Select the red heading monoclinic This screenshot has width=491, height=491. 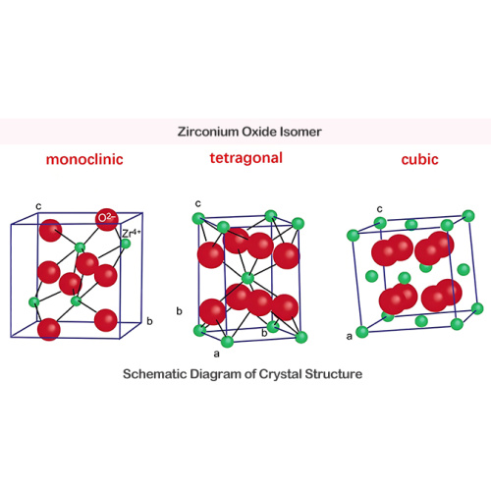coord(84,159)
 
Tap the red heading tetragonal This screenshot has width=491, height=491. coord(246,158)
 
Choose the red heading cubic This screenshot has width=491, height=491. coord(419,159)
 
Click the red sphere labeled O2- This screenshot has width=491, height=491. coord(107,219)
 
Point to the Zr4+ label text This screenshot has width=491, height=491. coord(132,234)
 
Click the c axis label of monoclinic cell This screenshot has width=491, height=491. coord(38,206)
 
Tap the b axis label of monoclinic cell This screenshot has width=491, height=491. coord(149,321)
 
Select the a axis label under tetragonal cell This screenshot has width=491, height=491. coord(216,354)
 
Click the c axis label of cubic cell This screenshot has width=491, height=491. coord(380,209)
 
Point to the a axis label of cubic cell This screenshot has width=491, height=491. coord(350,336)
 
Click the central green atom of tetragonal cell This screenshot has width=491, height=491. coord(247,278)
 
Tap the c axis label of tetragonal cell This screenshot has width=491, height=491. coord(198,204)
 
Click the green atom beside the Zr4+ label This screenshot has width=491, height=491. coord(126,244)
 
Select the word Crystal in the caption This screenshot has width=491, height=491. coord(281,374)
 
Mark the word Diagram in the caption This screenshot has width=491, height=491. coord(216,374)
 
